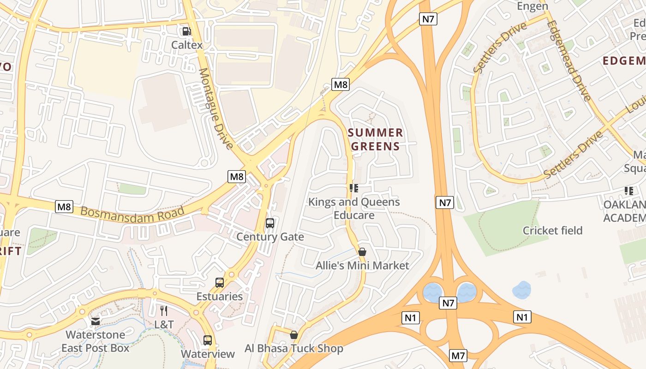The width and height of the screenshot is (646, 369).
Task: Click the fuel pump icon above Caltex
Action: click(x=186, y=31)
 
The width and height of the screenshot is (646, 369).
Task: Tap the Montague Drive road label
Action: click(x=215, y=109)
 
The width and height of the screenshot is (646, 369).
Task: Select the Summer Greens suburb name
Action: click(x=375, y=140)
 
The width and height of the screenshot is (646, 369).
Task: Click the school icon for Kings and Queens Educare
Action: click(x=354, y=188)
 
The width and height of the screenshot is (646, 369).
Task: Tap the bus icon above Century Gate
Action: click(x=270, y=223)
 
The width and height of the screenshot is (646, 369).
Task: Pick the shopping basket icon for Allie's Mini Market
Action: click(x=362, y=252)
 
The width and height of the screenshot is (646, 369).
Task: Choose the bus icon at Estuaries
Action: click(x=220, y=283)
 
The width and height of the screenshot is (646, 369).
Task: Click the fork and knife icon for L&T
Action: click(x=164, y=311)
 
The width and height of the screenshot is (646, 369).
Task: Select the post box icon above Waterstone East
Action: click(x=96, y=321)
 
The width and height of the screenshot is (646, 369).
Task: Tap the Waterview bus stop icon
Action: click(x=208, y=340)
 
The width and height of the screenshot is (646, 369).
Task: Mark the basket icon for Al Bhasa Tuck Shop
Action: click(x=293, y=335)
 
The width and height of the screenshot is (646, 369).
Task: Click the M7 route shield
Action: click(x=458, y=356)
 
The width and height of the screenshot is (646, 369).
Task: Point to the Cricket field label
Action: click(x=552, y=230)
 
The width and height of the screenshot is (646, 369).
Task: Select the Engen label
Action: click(x=532, y=6)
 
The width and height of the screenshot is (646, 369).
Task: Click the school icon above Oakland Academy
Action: click(x=628, y=190)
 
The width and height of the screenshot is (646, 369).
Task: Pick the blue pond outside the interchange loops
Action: click(x=522, y=290)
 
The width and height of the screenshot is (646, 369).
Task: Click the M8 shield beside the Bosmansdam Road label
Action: click(x=64, y=207)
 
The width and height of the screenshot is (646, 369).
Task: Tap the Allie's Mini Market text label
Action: click(x=362, y=266)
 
